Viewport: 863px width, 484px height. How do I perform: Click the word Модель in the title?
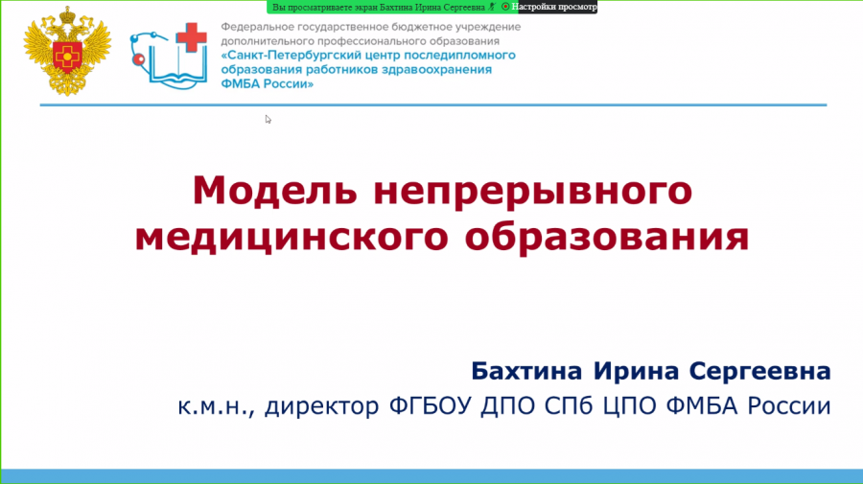(x=274, y=191)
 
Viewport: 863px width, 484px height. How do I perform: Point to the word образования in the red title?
(x=607, y=236)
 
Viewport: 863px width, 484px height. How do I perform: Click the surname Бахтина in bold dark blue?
(x=526, y=371)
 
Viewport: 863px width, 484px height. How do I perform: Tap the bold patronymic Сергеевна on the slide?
(x=760, y=372)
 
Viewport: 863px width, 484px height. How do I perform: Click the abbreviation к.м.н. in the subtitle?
(x=216, y=407)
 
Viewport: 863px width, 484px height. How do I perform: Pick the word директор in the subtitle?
(x=322, y=407)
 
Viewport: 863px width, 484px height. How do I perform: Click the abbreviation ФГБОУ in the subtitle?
(x=431, y=406)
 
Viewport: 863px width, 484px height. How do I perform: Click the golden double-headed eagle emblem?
(x=68, y=51)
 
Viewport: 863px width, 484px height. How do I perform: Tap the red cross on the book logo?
(x=192, y=37)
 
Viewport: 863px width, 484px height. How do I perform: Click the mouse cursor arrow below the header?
(x=268, y=120)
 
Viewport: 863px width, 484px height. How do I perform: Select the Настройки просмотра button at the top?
(x=553, y=7)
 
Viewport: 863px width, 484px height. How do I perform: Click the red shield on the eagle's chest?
(x=68, y=56)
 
